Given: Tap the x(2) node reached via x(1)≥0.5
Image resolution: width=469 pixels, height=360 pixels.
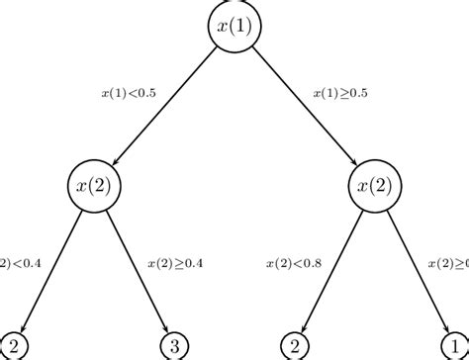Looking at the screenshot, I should click(x=375, y=185).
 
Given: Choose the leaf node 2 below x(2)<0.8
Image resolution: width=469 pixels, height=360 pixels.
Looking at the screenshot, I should click(x=293, y=345).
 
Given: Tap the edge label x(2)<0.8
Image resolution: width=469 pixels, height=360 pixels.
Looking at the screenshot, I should click(x=294, y=264).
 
